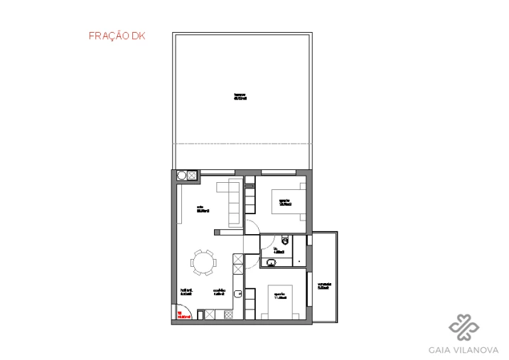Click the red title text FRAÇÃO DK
click(117, 36)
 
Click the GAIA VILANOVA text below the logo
click(464, 349)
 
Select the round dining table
click(204, 263)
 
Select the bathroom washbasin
click(270, 263)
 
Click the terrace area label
click(240, 96)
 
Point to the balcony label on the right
click(323, 285)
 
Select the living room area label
click(202, 209)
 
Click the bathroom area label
click(279, 250)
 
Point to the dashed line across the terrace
click(242, 144)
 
